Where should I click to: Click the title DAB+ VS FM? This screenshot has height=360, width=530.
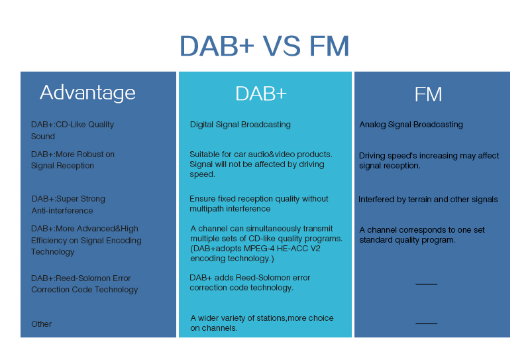264,46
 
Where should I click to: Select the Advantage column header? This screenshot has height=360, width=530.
87,92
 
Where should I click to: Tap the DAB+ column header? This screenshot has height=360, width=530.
261,94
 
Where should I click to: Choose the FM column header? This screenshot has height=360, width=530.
428,94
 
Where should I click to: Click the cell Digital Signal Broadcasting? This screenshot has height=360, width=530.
240,125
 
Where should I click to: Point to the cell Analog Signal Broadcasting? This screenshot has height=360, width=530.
411,125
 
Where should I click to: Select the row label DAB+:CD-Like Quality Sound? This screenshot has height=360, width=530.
72,130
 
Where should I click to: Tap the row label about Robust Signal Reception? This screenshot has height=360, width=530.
72,160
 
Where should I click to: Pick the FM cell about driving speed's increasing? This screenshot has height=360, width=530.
429,160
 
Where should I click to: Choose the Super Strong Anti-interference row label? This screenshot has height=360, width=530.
68,204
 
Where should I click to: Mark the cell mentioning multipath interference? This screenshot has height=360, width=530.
258,204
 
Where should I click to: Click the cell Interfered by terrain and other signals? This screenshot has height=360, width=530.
428,200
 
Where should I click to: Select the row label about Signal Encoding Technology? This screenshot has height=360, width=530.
85,240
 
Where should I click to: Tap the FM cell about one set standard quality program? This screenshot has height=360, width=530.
421,235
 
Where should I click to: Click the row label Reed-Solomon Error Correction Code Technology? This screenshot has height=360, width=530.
84,284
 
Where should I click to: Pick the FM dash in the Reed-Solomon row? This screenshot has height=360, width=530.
426,284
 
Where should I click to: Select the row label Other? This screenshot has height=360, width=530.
41,324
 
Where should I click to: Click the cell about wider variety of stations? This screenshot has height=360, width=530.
261,323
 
